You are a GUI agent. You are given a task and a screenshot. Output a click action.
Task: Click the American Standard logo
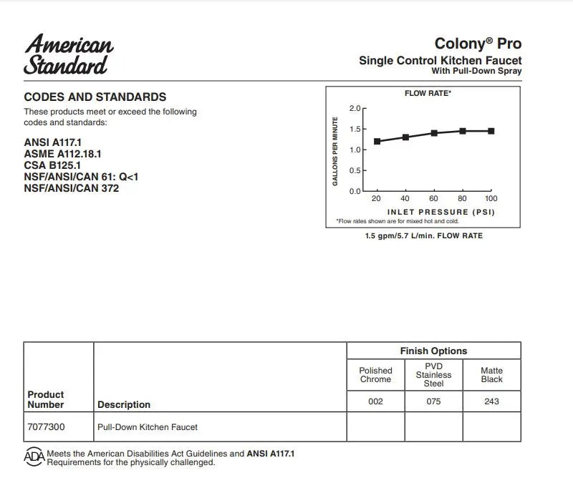pos(69,54)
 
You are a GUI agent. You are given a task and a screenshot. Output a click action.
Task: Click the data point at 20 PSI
pos(377,141)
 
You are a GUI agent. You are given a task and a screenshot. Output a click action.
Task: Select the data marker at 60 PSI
pos(434,133)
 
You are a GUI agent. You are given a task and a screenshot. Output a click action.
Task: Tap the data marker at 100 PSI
pos(491,131)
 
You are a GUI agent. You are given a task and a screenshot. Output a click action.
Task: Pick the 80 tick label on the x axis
pos(463,198)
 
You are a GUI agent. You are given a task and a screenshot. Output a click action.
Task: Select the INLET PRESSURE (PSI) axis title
pos(441,212)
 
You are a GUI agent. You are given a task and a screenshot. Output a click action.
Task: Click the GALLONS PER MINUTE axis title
pos(334,151)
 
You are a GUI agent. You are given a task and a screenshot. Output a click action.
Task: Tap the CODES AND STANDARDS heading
pos(95,97)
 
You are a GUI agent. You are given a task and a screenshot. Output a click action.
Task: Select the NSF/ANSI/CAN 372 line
pos(72,188)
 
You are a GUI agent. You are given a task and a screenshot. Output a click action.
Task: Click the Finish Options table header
pos(433,351)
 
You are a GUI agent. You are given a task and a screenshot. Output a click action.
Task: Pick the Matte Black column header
pos(492,375)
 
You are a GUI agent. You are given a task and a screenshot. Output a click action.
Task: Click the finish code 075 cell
pos(433,401)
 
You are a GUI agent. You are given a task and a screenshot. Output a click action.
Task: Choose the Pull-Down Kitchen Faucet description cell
pos(148,426)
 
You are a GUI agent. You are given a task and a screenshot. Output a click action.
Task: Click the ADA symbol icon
pos(34,457)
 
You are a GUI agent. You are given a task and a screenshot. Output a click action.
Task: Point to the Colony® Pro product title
pos(478,44)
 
